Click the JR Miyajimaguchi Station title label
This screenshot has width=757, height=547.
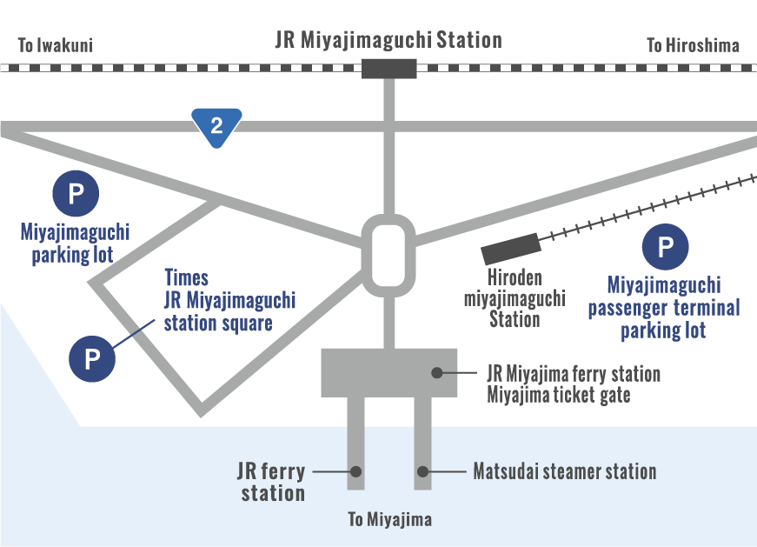tap(388, 41)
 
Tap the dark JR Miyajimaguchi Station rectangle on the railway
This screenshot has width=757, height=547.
tap(388, 68)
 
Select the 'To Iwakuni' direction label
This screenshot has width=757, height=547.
tap(55, 45)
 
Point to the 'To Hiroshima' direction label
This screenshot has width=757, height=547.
tap(693, 45)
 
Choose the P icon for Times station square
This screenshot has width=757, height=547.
tap(93, 357)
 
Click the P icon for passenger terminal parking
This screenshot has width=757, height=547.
tap(665, 248)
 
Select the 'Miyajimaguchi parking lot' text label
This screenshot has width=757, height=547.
tap(75, 243)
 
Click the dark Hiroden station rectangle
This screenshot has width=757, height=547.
tap(512, 250)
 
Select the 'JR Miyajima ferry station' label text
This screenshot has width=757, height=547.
tap(574, 374)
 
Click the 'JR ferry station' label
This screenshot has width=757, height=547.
tap(271, 483)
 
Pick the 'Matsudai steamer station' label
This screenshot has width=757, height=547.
tap(564, 472)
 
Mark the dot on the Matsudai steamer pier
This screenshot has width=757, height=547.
tap(423, 472)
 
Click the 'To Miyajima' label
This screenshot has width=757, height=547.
tap(389, 520)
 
